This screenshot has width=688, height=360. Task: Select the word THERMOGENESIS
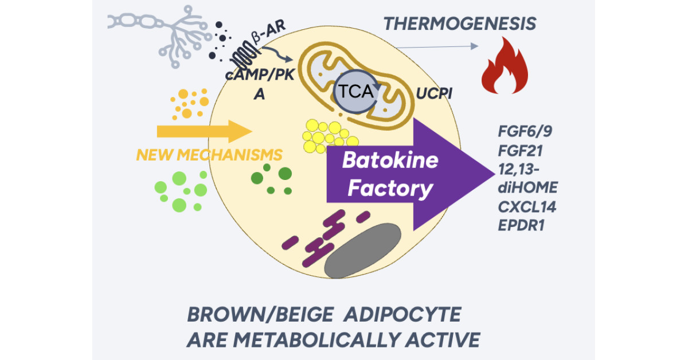(460, 24)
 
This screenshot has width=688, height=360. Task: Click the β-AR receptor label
(269, 39)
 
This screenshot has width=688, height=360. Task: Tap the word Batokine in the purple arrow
(390, 161)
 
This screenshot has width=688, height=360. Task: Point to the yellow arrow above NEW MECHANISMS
(204, 131)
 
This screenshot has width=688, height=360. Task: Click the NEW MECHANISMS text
(209, 155)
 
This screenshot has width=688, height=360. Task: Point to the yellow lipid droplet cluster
(325, 136)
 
